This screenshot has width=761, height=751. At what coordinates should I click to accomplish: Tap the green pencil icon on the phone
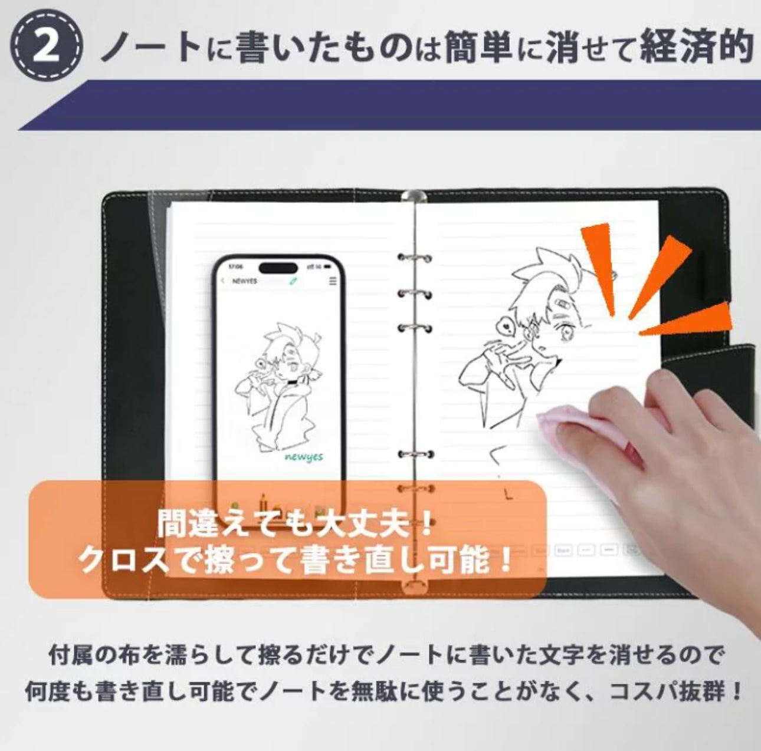point(293,281)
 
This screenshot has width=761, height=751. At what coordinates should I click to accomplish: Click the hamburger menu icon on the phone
point(333,281)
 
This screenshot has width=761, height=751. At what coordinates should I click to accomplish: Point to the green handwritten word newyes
point(303,457)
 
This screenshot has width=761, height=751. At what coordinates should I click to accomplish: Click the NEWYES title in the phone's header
point(244,281)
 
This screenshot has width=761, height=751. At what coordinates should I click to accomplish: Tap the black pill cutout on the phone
point(278,268)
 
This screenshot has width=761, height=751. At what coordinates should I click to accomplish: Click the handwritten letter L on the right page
point(509,494)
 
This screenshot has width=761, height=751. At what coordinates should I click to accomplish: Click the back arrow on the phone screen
point(223,281)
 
